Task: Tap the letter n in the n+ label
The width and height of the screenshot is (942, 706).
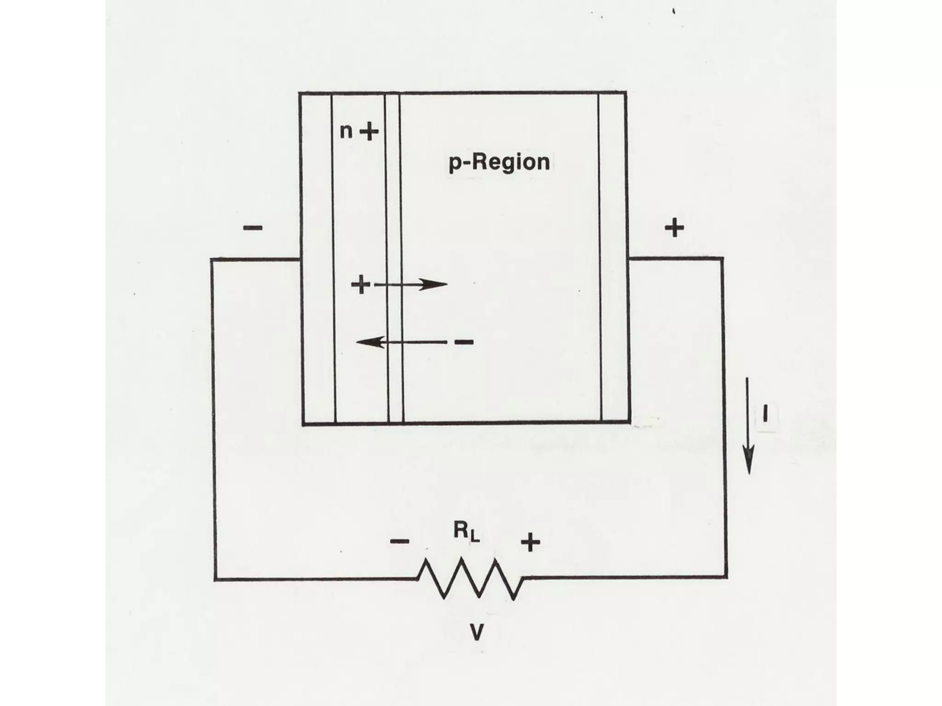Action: [x=346, y=132]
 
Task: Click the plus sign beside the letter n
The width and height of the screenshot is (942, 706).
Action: [x=369, y=133]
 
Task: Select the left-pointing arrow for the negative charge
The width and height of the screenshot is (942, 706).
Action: [x=400, y=342]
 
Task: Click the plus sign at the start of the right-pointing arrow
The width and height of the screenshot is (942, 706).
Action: [x=361, y=285]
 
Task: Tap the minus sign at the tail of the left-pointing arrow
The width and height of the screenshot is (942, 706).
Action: [x=464, y=342]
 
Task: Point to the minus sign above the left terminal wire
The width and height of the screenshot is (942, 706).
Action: [x=253, y=228]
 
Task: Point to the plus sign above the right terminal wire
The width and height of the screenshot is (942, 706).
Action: [x=674, y=228]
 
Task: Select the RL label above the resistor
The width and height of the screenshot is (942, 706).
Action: [x=466, y=532]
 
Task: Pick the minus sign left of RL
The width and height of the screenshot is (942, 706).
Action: [x=399, y=541]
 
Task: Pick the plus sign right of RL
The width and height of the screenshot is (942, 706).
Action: [x=530, y=542]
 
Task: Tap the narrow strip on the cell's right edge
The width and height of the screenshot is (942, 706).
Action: [x=614, y=257]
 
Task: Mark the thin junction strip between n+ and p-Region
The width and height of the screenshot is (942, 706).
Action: [x=394, y=257]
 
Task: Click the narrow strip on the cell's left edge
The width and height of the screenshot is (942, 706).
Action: [x=317, y=257]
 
